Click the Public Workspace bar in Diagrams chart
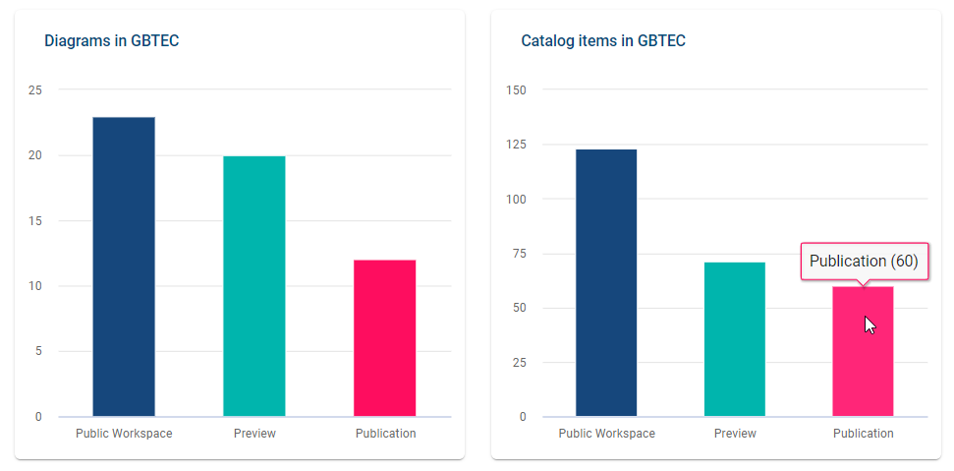pos(124,266)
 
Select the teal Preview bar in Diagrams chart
pos(254,286)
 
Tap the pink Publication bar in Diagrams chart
pos(385,338)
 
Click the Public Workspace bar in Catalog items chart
pos(606,282)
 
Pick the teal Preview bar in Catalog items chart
pos(735,339)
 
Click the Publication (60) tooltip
pos(864,262)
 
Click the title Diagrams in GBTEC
pos(111,41)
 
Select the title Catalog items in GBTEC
pos(602,41)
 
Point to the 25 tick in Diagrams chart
pos(35,90)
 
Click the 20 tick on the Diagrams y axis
pos(35,155)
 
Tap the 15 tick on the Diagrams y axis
pos(35,221)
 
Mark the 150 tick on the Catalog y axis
pos(516,90)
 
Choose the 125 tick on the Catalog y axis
pos(516,145)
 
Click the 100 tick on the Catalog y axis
pos(516,200)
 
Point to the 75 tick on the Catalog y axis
pos(520,254)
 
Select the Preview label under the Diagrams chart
pos(254,434)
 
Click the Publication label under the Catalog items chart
pos(863,434)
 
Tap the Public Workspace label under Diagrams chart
pos(124,434)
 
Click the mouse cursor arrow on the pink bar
pos(870,324)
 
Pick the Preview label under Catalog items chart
pos(735,434)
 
